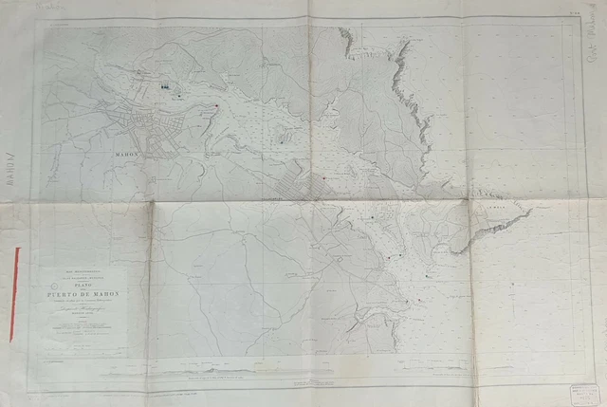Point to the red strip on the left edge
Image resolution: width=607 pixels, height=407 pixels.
pyautogui.click(x=14, y=294)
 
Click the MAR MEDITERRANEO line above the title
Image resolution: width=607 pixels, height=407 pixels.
pyautogui.click(x=84, y=270)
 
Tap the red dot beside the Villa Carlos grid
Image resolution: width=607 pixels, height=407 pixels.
pyautogui.click(x=327, y=176)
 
